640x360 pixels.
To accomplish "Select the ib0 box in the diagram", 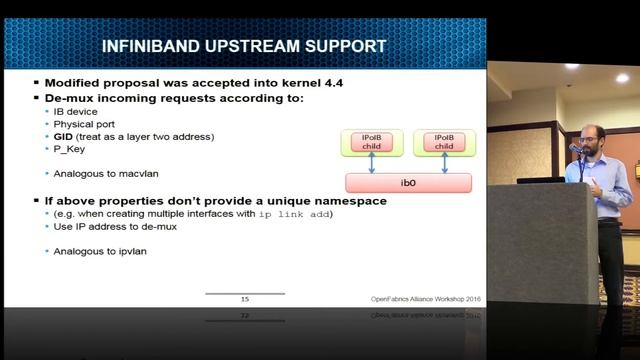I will [x=408, y=183].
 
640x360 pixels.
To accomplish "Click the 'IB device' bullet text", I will [x=77, y=112].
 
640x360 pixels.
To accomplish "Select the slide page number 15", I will [x=245, y=299].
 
